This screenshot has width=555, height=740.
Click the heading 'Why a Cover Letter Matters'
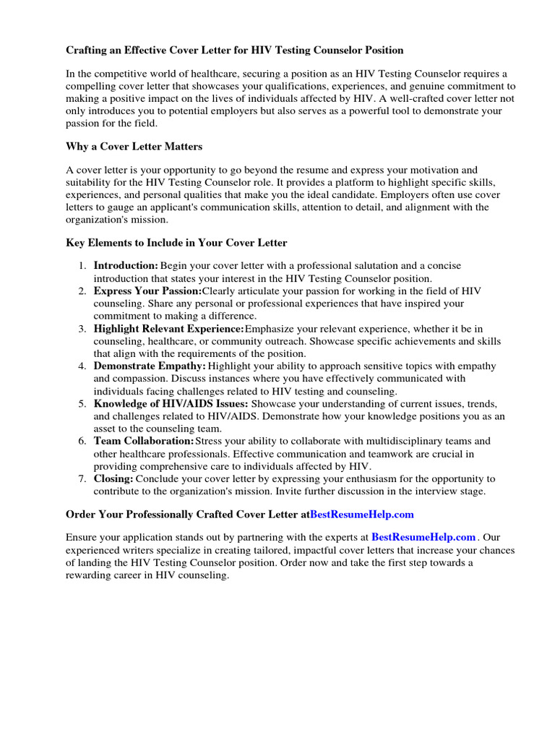coord(134,147)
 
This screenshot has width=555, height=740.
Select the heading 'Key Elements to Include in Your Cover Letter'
coord(176,244)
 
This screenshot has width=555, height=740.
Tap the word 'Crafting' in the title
coord(87,51)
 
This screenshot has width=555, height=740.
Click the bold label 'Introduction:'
coord(126,266)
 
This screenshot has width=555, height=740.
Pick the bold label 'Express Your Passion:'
coord(147,291)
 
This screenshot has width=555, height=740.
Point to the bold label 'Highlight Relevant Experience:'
coord(169,329)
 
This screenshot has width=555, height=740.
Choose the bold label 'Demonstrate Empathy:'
coord(150,366)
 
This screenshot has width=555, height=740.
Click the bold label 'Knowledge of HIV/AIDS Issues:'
coord(171,404)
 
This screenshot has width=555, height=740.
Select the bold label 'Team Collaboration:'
coord(144,441)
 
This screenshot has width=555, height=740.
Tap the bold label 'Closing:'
coord(113,478)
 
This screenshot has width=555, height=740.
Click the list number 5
coord(82,404)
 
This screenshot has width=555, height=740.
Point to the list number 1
coord(82,266)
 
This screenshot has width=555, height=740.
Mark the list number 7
coord(82,478)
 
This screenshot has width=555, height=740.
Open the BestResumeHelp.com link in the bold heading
coord(361,515)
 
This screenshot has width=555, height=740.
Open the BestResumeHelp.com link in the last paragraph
coord(423,537)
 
